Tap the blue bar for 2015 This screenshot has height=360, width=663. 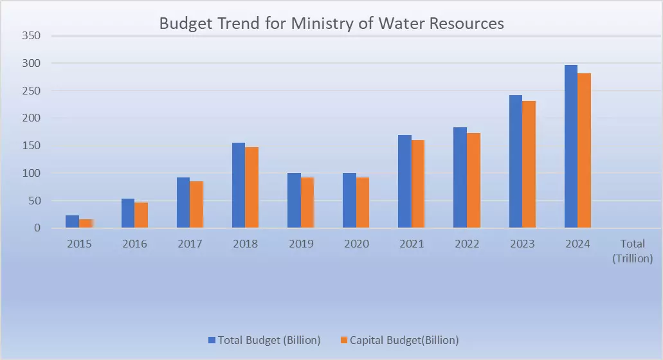[x=73, y=222]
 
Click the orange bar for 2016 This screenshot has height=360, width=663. [x=141, y=215]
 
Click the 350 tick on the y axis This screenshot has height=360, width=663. [x=32, y=36]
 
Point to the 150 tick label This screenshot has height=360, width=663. [x=32, y=146]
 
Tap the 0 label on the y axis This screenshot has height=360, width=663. [x=38, y=228]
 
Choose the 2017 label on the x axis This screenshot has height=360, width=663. [x=190, y=244]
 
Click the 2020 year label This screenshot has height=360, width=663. [x=356, y=244]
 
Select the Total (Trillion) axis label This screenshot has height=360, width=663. [x=632, y=251]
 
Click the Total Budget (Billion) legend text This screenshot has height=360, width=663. [x=269, y=340]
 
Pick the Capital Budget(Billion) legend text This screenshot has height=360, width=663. [x=404, y=340]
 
